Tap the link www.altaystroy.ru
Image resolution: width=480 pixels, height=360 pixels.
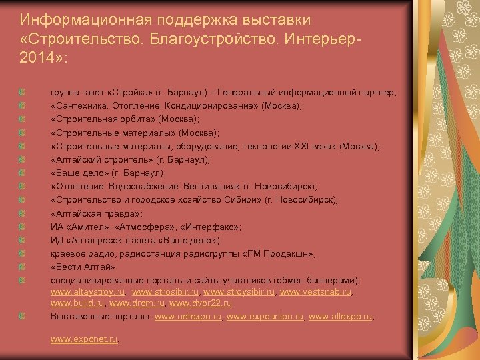coord(88,292)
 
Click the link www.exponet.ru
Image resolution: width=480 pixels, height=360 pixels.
coord(84,339)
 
